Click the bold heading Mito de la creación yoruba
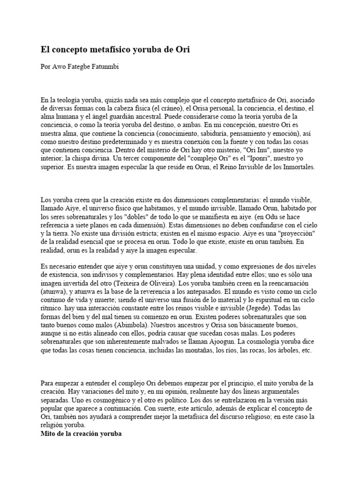point(81,434)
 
